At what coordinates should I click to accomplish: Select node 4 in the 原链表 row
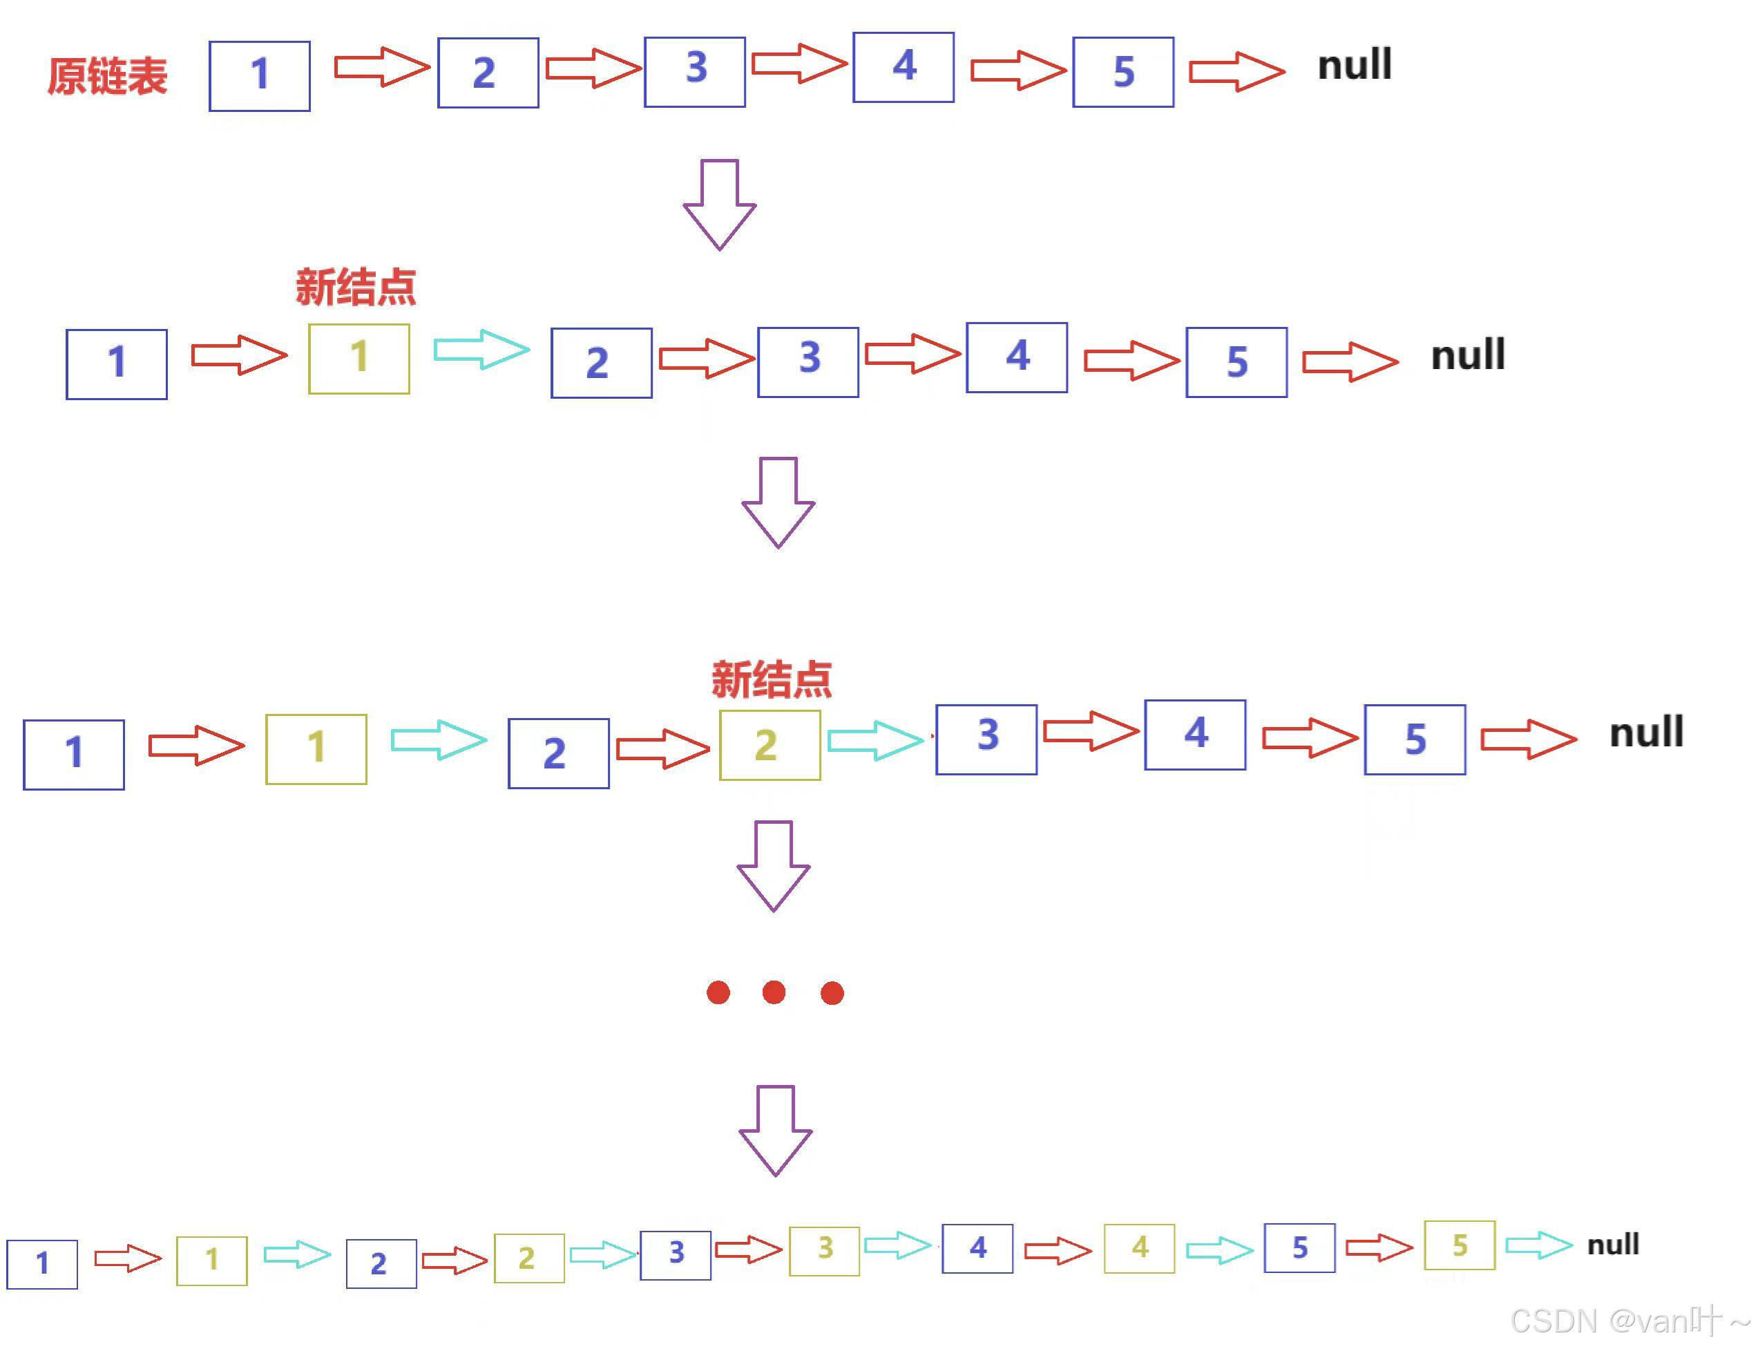click(x=903, y=68)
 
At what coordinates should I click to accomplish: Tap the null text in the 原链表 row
click(x=1354, y=64)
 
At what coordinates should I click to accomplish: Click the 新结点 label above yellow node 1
click(x=356, y=287)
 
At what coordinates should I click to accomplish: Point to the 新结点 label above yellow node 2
click(x=772, y=679)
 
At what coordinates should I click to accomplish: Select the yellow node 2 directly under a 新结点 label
click(x=769, y=744)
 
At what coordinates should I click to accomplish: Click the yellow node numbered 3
click(x=824, y=1250)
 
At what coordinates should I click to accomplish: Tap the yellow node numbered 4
click(x=1139, y=1248)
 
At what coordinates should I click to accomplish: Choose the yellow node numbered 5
click(x=1459, y=1245)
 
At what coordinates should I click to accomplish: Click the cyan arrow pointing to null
click(x=1538, y=1245)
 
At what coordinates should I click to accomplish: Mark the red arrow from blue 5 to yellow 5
click(x=1379, y=1246)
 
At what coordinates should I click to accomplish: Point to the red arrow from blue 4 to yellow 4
click(x=1058, y=1250)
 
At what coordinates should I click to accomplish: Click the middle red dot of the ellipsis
click(x=774, y=992)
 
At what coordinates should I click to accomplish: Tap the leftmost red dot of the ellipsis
click(x=718, y=992)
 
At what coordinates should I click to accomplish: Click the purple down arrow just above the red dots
click(x=774, y=866)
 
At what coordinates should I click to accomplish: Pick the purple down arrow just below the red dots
click(x=775, y=1131)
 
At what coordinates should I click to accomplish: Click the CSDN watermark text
click(x=1630, y=1321)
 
